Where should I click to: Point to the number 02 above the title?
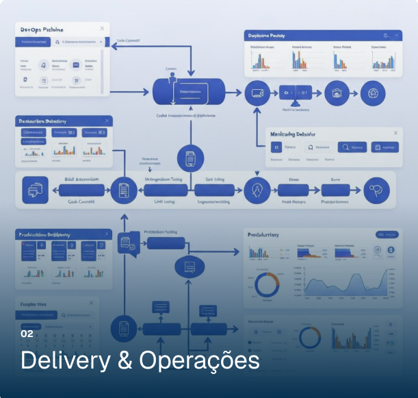click(27, 334)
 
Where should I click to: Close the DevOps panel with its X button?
click(103, 28)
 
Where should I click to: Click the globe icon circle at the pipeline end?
click(373, 92)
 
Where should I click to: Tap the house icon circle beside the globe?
click(337, 92)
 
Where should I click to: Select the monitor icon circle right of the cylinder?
click(258, 92)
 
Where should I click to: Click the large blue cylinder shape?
click(187, 91)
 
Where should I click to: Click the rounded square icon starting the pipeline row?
click(35, 190)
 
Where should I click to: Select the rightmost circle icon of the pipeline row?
click(375, 190)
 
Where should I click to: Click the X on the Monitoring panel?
click(395, 132)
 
